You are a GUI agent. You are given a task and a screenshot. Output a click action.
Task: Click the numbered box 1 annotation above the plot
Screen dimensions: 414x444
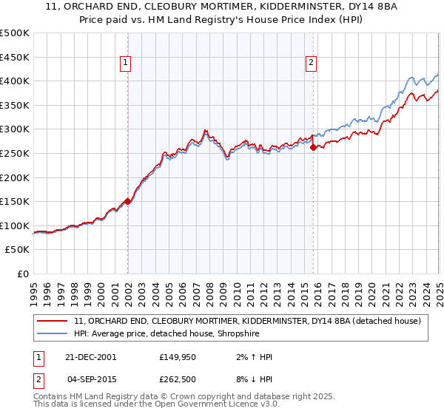(x=127, y=64)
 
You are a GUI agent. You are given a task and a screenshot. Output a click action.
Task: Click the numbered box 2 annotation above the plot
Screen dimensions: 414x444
(x=312, y=64)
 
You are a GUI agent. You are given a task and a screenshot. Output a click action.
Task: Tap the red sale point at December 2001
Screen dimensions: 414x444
(x=128, y=200)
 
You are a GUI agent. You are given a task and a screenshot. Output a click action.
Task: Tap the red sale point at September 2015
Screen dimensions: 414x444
(x=313, y=147)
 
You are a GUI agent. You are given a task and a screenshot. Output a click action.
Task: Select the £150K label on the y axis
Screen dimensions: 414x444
(x=15, y=201)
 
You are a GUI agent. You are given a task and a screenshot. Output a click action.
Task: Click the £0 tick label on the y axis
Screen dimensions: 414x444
(x=22, y=274)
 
